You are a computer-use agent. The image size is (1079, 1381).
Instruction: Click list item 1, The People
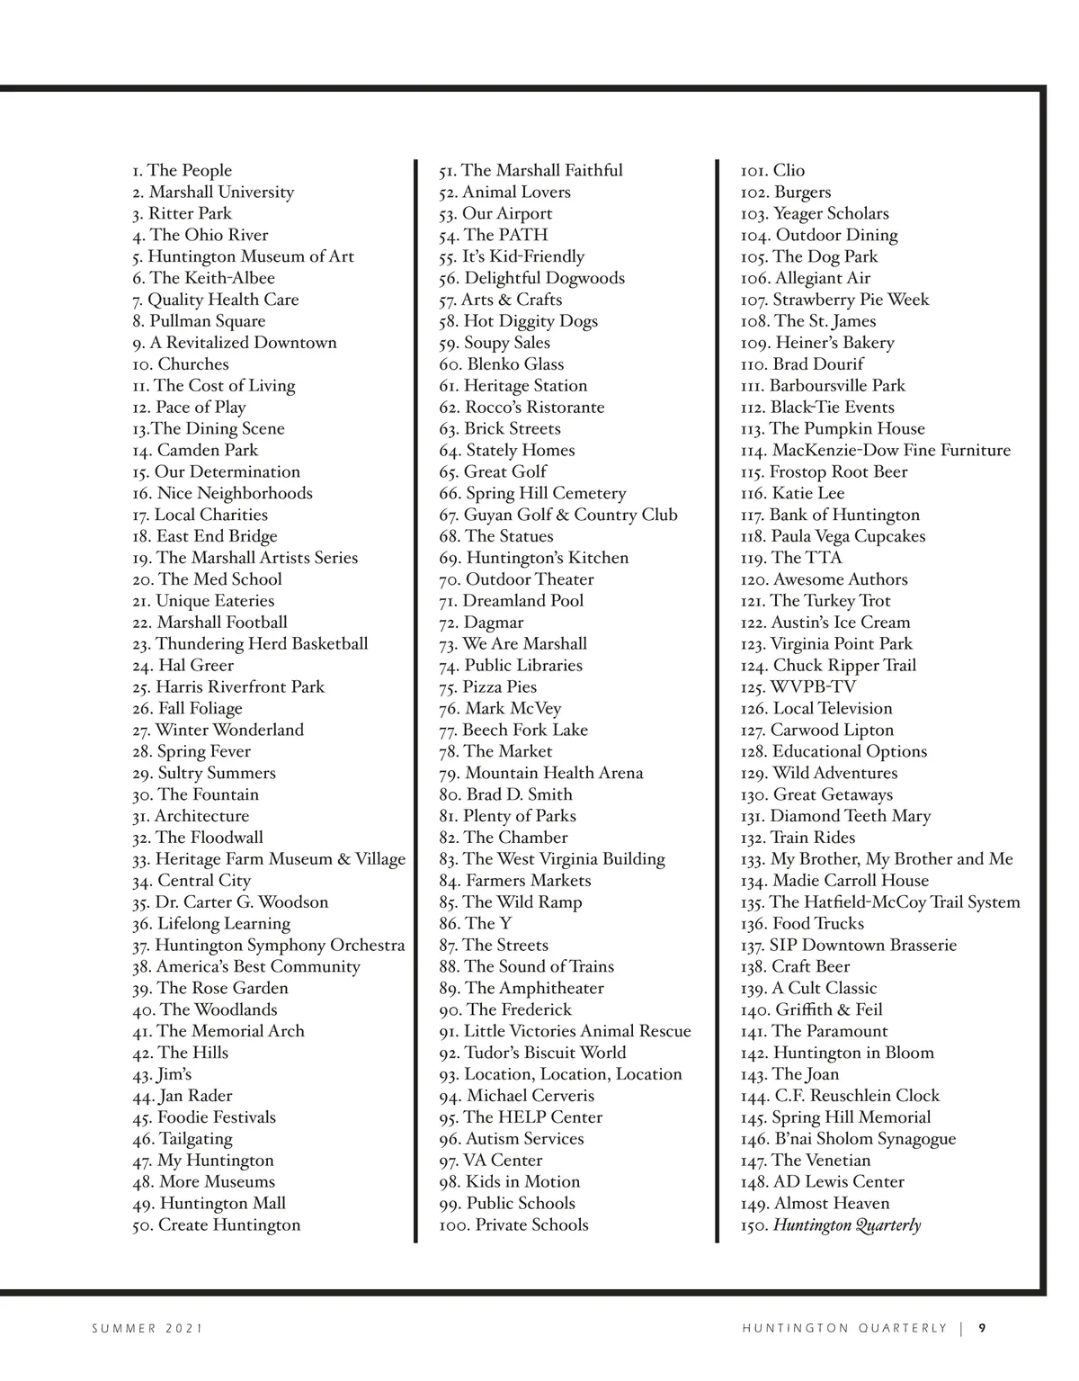(x=182, y=171)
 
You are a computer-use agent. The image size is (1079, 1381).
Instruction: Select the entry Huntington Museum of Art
(x=243, y=256)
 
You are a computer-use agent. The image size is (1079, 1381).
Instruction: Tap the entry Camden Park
(x=195, y=451)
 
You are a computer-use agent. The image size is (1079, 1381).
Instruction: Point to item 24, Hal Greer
(x=183, y=666)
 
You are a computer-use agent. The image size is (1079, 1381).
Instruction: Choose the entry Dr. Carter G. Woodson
(x=230, y=902)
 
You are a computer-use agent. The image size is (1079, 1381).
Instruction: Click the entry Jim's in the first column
(x=162, y=1075)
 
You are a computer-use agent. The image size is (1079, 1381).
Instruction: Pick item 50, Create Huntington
(x=216, y=1225)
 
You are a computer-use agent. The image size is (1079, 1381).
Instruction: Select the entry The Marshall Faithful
(x=531, y=171)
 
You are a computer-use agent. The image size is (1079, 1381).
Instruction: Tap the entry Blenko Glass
(x=502, y=364)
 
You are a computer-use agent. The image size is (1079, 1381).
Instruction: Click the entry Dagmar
(x=481, y=623)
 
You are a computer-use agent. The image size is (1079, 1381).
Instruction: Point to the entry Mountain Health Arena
(x=541, y=774)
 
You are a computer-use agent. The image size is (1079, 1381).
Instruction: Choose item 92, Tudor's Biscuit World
(x=532, y=1054)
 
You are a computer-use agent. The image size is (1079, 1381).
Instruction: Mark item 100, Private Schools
(x=513, y=1225)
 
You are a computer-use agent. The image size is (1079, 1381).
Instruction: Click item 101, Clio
(x=772, y=171)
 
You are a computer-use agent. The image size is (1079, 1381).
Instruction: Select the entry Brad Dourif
(x=802, y=364)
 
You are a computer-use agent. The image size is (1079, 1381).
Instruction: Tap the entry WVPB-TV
(x=798, y=687)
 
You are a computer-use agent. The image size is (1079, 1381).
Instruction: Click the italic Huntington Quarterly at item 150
(x=847, y=1225)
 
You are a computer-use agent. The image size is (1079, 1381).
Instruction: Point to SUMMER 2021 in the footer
(x=147, y=1329)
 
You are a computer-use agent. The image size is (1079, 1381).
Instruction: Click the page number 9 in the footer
(x=983, y=1328)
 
